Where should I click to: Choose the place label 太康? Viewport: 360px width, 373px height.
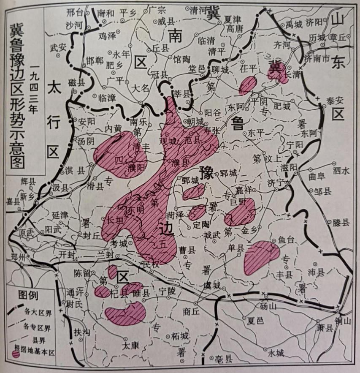(x=130, y=345)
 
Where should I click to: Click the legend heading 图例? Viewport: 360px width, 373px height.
(x=27, y=294)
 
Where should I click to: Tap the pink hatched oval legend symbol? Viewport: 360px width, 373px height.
(x=16, y=354)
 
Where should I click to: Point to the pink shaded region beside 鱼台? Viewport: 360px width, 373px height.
(x=261, y=256)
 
